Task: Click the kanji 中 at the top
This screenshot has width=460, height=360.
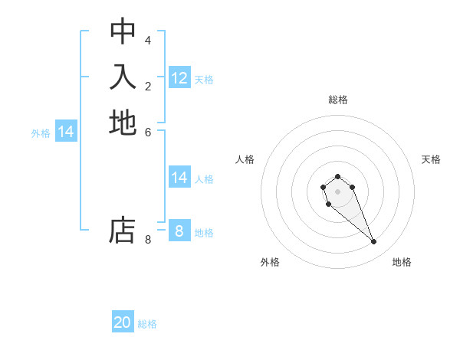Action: [123, 31]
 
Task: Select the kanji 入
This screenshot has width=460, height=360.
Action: [123, 77]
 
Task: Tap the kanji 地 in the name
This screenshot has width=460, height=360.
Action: [123, 123]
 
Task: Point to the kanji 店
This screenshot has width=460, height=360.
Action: [123, 231]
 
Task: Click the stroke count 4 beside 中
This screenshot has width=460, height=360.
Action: [148, 40]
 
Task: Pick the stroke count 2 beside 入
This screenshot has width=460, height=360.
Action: [148, 86]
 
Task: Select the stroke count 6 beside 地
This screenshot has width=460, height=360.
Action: [148, 132]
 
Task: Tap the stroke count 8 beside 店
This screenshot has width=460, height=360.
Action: [148, 240]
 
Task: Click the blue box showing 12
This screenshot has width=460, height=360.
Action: [179, 78]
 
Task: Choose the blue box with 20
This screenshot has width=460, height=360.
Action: [123, 322]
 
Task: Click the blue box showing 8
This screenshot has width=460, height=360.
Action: [179, 231]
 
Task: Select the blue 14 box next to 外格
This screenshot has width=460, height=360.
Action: [66, 132]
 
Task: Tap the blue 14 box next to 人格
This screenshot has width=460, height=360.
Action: [179, 178]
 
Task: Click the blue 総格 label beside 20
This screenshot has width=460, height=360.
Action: [147, 324]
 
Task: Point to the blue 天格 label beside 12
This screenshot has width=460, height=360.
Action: [204, 80]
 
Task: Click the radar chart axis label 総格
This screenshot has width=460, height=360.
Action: [337, 100]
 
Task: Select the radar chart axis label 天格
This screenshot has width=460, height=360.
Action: [431, 159]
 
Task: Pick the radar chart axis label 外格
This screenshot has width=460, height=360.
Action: [270, 262]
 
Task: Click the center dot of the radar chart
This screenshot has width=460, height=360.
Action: [337, 191]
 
